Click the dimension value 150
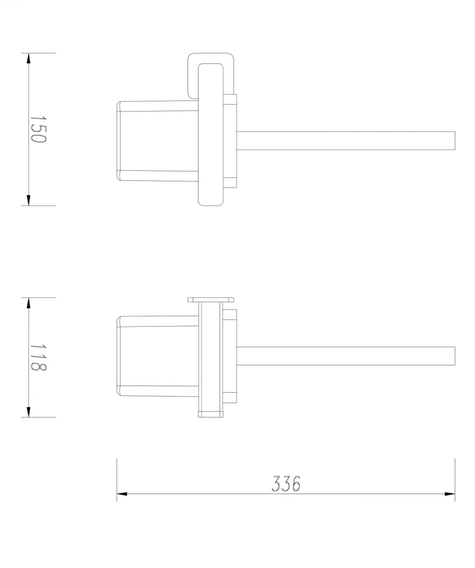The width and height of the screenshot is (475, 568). tap(38, 129)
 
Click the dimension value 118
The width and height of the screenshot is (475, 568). tap(38, 357)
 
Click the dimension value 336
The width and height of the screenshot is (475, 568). tap(286, 484)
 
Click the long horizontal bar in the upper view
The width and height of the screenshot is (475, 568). tap(344, 141)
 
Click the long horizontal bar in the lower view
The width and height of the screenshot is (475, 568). tap(344, 356)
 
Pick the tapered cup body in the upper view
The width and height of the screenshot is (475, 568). tap(158, 141)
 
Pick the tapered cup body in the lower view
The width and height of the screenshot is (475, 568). tap(158, 356)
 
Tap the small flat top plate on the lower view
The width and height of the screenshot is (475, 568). tap(211, 300)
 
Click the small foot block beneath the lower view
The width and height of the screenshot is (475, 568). tap(211, 414)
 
